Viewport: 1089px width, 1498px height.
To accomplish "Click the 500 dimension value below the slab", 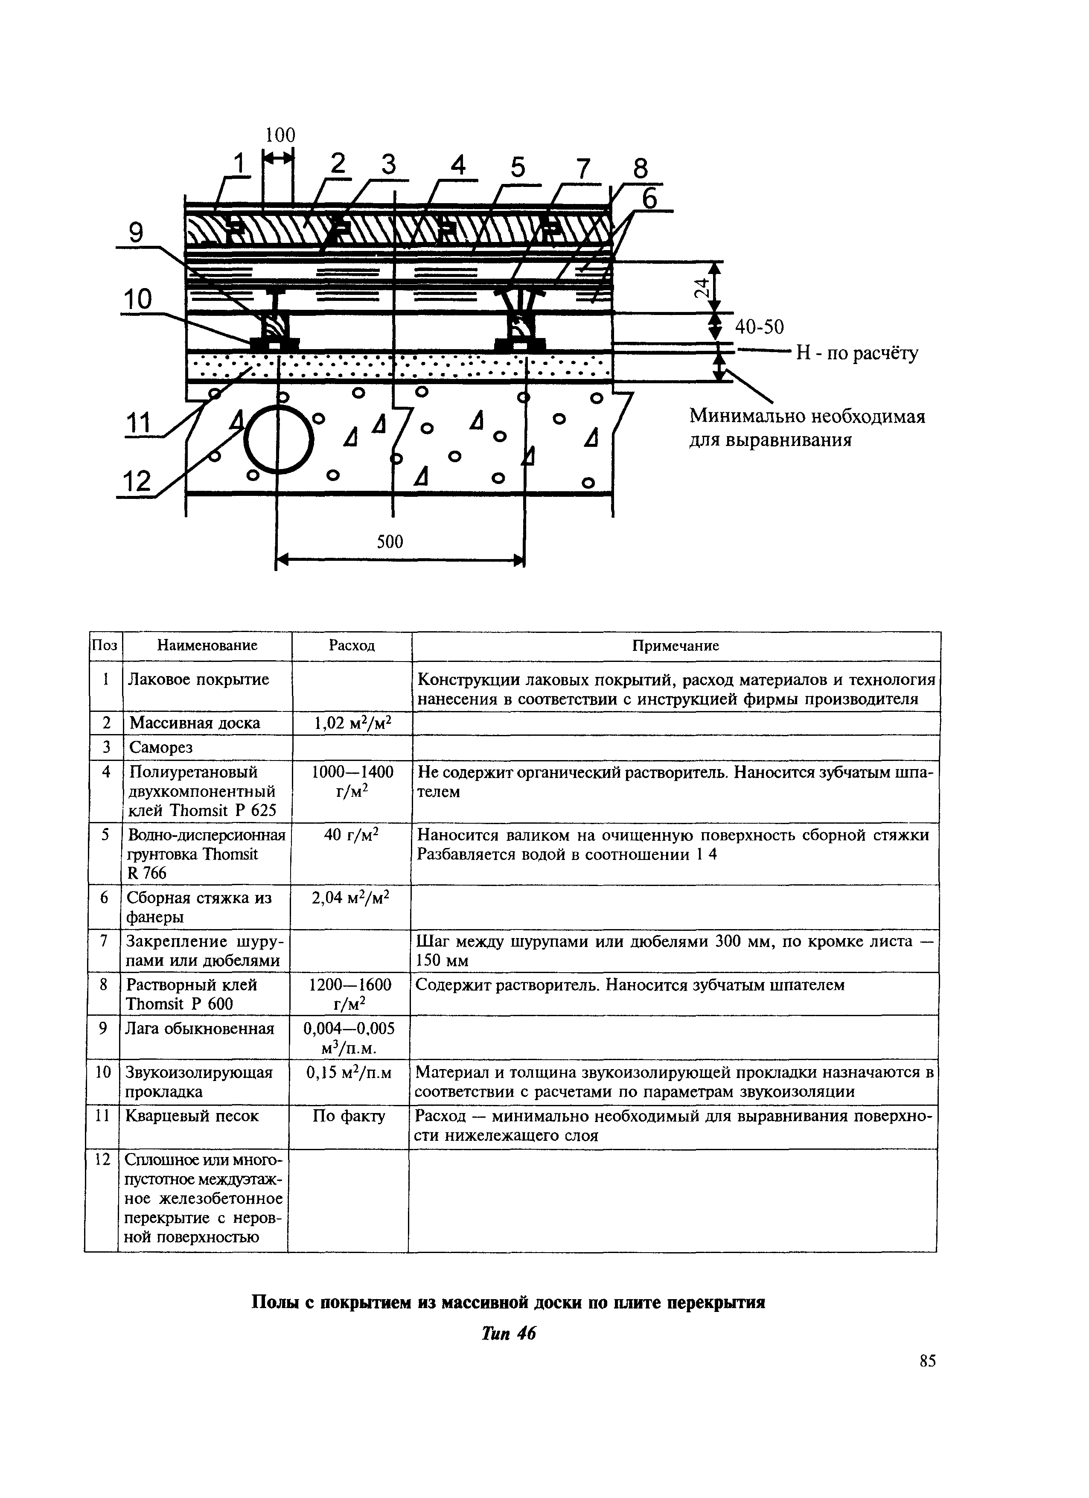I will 389,542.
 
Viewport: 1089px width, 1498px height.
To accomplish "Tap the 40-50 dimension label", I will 760,327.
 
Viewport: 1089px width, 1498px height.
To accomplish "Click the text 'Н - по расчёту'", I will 856,354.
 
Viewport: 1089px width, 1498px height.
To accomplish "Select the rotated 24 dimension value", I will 703,287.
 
